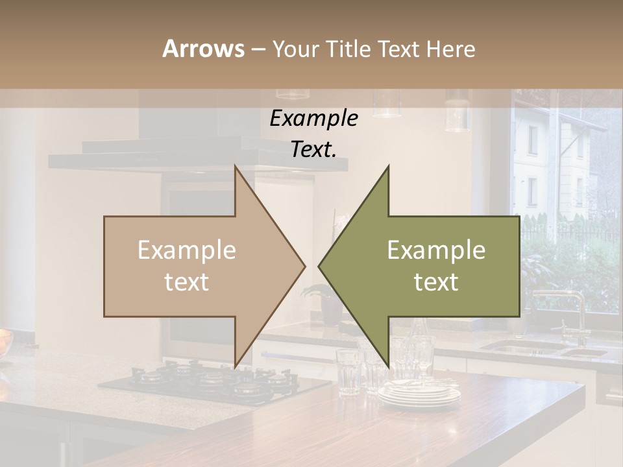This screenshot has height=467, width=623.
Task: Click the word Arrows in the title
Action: pyautogui.click(x=202, y=49)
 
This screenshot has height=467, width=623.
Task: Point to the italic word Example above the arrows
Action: pyautogui.click(x=313, y=119)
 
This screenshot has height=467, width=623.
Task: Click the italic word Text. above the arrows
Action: pyautogui.click(x=313, y=149)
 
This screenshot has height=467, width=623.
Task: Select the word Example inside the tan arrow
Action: pyautogui.click(x=187, y=250)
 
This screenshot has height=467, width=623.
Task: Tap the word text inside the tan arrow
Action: pyautogui.click(x=187, y=282)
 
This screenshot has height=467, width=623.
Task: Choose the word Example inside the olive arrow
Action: pyautogui.click(x=436, y=250)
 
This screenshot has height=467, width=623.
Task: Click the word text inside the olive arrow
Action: pyautogui.click(x=436, y=282)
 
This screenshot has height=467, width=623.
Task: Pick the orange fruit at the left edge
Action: pyautogui.click(x=4, y=341)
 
